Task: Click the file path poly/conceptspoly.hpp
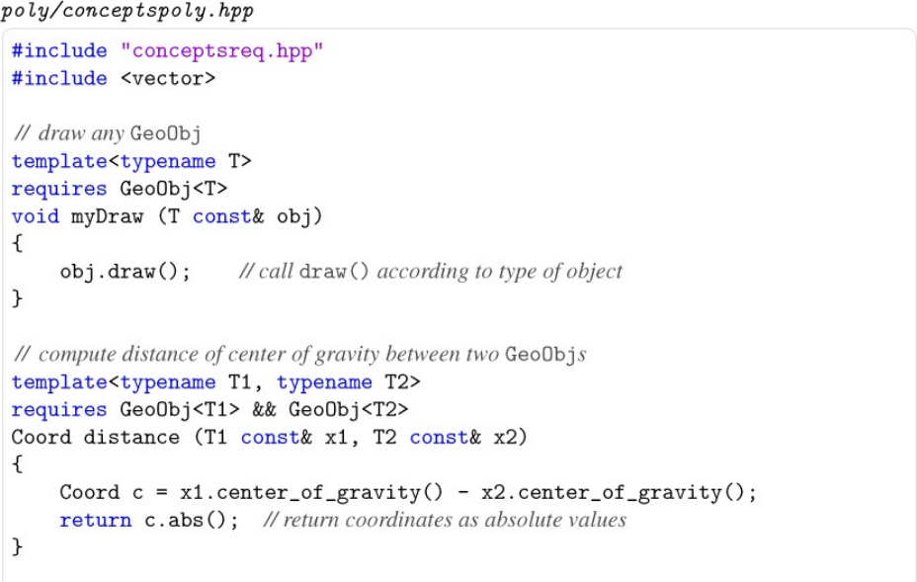click(x=127, y=11)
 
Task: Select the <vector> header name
click(x=167, y=78)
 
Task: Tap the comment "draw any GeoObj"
click(x=109, y=133)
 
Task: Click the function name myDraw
click(x=107, y=216)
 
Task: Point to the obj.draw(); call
click(x=125, y=272)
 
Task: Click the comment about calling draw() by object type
click(x=431, y=272)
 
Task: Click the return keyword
click(x=95, y=520)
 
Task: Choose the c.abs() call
click(x=191, y=520)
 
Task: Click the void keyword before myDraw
click(x=36, y=216)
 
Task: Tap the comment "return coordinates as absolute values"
click(x=445, y=520)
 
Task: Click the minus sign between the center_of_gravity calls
click(x=462, y=492)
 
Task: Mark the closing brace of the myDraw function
click(x=17, y=298)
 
